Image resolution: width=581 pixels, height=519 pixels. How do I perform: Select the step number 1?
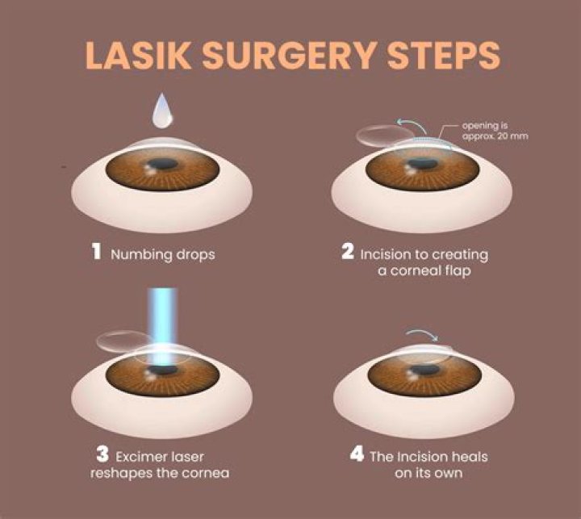[x=95, y=253]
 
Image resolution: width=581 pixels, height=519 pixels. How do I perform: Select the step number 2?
[x=348, y=253]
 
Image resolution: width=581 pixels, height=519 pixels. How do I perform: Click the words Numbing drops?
[x=164, y=254]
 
